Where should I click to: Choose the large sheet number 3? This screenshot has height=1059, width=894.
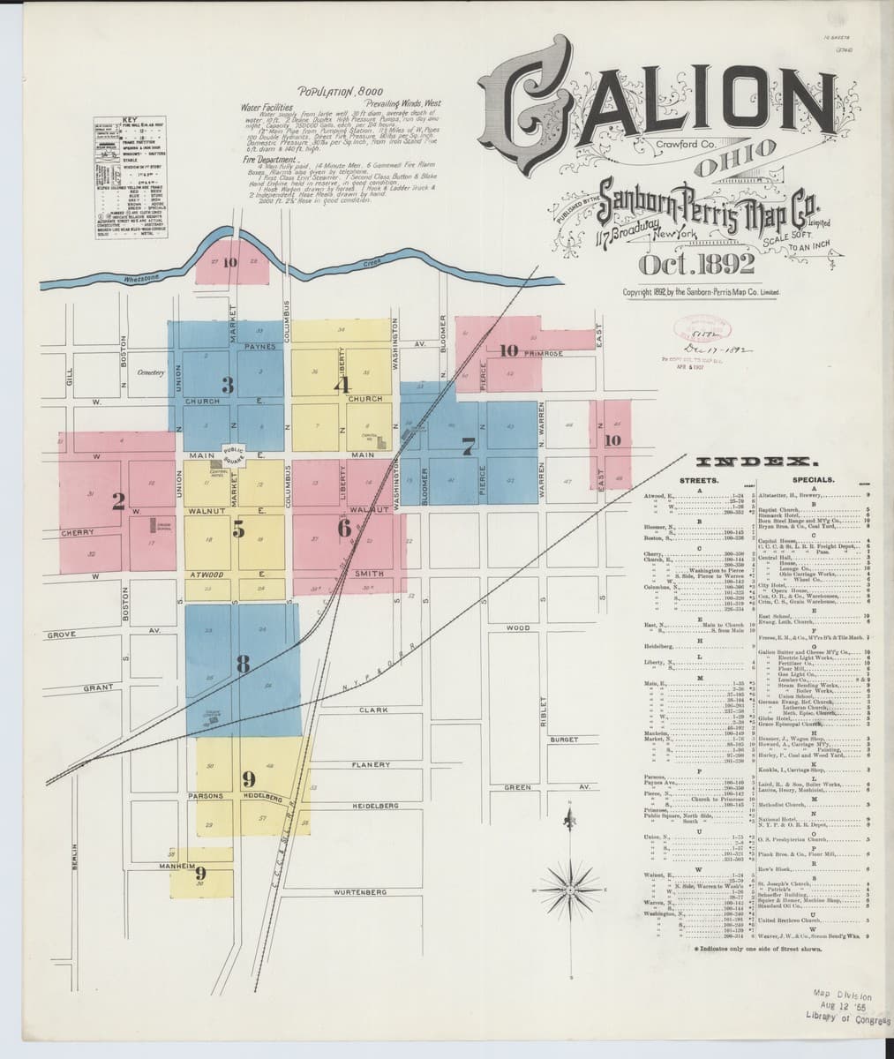click(x=228, y=385)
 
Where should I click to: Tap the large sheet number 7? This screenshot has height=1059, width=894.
click(x=468, y=446)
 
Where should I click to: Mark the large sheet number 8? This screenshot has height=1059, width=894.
click(x=243, y=663)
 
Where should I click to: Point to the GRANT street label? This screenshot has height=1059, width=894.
click(x=96, y=687)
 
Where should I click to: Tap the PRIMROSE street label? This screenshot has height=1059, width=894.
click(x=543, y=353)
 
